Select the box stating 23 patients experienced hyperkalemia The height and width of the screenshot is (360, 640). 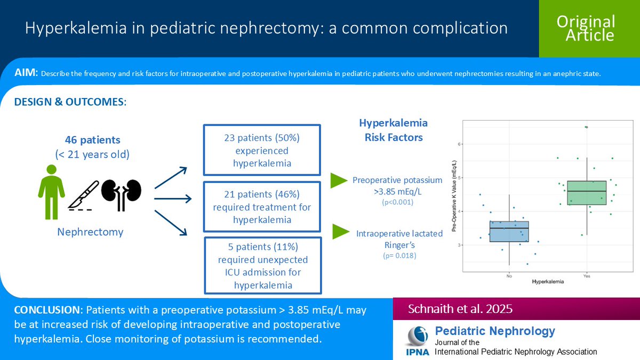point(262,150)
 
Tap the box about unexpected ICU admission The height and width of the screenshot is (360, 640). point(262,265)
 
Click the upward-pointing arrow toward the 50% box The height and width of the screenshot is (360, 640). point(171,177)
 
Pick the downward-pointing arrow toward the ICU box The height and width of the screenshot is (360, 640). point(171,222)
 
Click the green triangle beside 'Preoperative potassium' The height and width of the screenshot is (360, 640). point(339,180)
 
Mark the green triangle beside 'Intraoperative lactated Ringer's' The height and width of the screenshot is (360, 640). point(341,231)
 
